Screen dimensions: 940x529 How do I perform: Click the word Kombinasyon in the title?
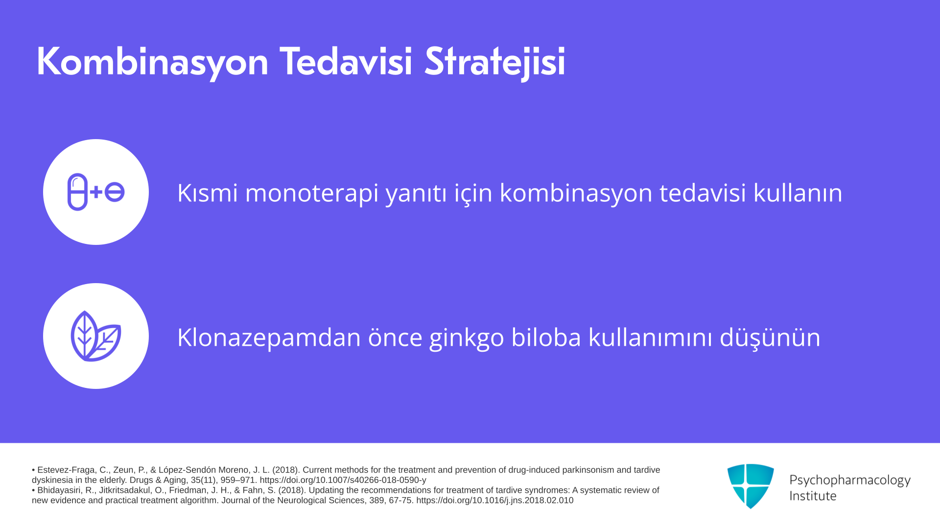[x=152, y=62]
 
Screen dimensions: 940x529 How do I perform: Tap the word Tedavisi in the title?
[x=346, y=61]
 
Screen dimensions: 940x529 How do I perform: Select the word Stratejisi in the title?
[x=494, y=62]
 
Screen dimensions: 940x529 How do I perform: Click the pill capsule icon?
[x=77, y=192]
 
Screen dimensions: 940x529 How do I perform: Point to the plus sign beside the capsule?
[x=96, y=192]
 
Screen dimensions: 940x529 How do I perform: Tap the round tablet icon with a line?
[x=115, y=192]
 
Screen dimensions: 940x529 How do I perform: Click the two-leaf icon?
[x=96, y=336]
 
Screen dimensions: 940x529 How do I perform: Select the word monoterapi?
[x=312, y=193]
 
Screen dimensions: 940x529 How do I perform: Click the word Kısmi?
[x=208, y=192]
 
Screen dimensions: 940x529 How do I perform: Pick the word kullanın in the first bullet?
[x=798, y=192]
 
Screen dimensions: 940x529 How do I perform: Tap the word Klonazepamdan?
[x=269, y=338]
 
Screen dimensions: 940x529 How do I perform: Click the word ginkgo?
[x=467, y=338]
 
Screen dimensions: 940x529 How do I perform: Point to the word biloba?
[x=546, y=337]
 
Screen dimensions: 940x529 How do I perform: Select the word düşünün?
[x=770, y=338]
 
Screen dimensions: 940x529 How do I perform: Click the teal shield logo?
[x=751, y=486]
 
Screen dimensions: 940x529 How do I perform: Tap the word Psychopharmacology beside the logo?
[x=850, y=480]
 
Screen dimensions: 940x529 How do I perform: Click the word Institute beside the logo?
[x=813, y=496]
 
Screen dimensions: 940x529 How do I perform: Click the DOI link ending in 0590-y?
[x=343, y=481]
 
